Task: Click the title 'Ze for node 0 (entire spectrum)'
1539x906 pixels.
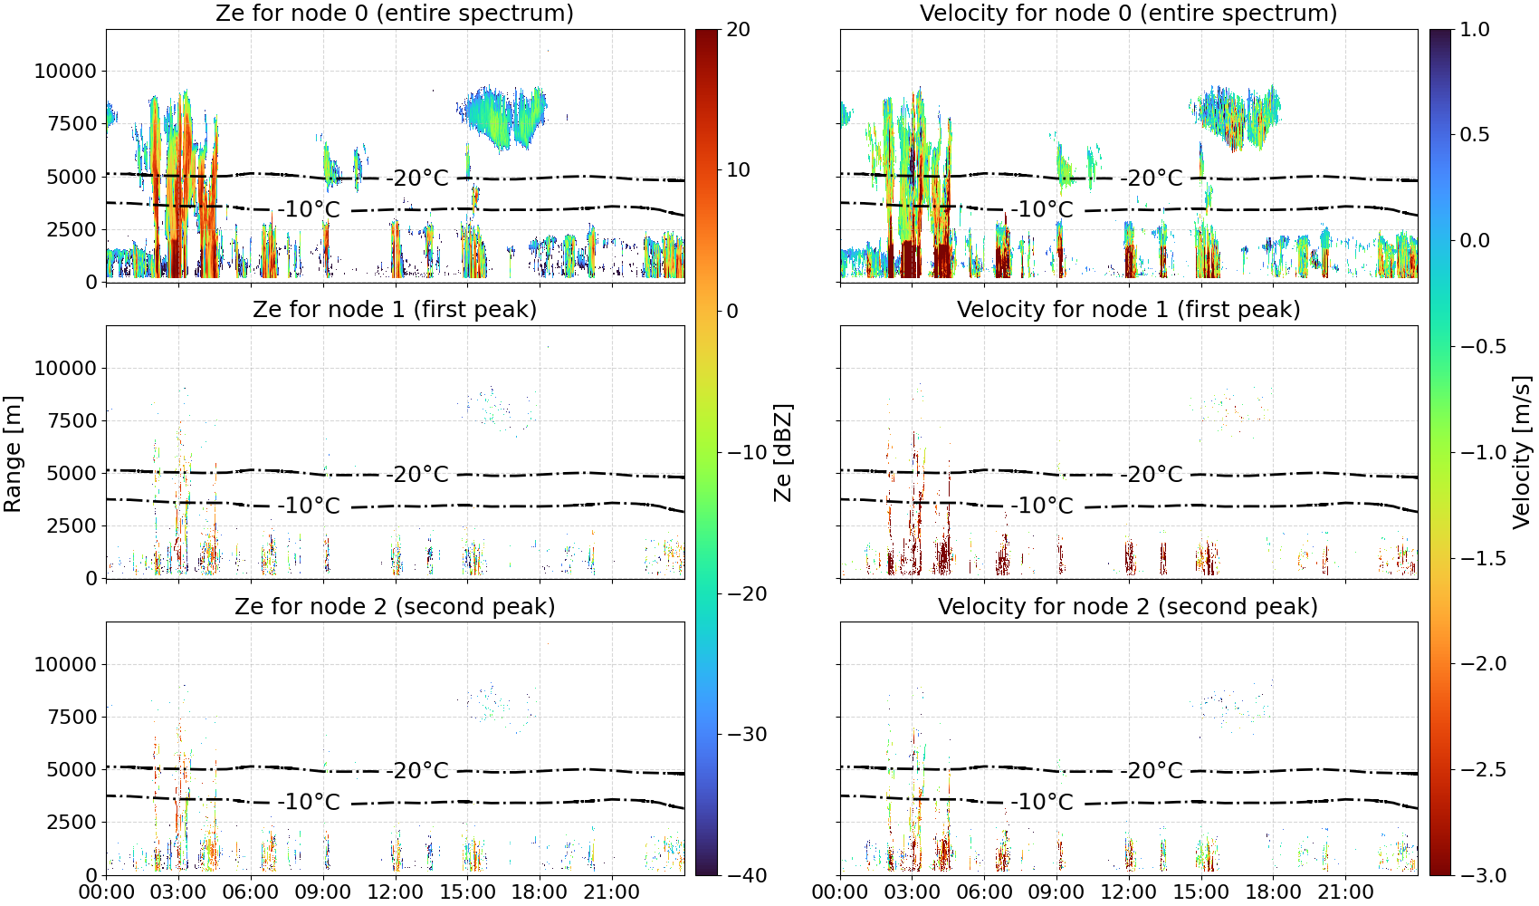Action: click(395, 13)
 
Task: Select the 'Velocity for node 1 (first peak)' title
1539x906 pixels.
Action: click(1128, 309)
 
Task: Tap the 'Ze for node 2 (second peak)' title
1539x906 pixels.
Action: click(395, 606)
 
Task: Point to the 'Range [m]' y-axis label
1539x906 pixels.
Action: click(13, 453)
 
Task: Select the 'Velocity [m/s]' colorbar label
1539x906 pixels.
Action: click(1522, 452)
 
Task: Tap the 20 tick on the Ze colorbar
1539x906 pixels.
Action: click(738, 30)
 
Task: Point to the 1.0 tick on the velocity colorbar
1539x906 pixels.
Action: click(1475, 30)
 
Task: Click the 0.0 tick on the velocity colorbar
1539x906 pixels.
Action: click(1475, 241)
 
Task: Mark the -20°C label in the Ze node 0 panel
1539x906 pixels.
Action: click(417, 178)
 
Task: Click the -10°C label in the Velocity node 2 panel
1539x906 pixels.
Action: click(1042, 802)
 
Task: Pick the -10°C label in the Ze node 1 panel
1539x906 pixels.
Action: click(309, 506)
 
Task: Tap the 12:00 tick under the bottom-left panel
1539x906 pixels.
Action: click(396, 892)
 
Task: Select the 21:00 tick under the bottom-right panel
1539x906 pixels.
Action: click(1345, 892)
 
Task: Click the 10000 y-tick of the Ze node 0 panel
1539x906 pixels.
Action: click(65, 71)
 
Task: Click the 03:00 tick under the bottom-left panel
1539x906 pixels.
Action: click(178, 892)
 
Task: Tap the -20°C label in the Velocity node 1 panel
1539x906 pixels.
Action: click(1152, 475)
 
